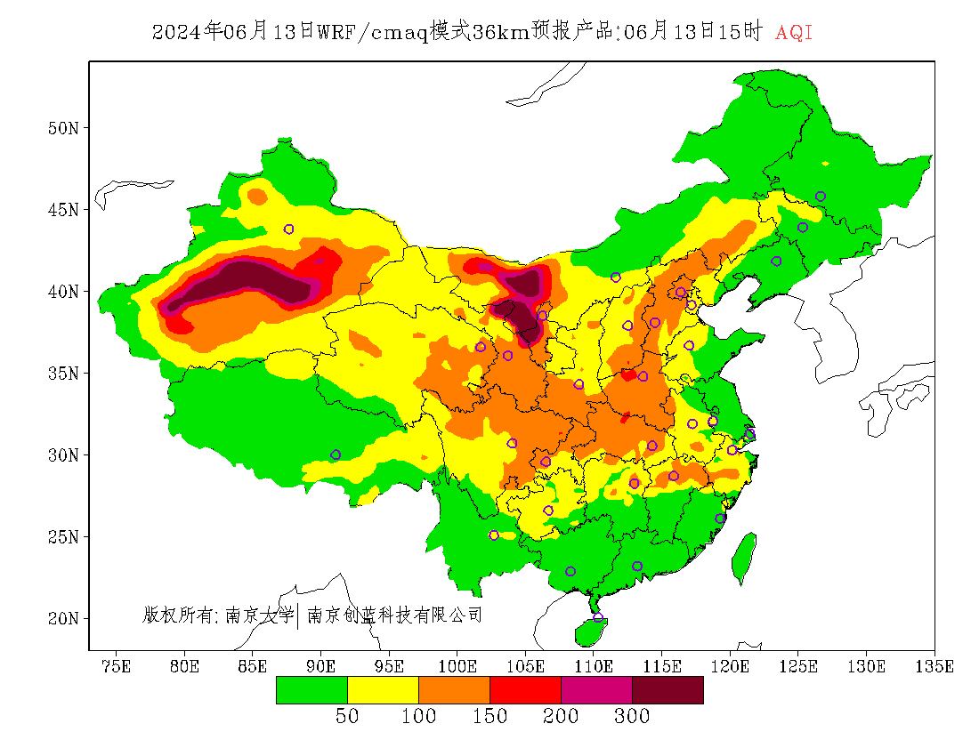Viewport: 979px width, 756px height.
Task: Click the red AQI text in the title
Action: coord(794,32)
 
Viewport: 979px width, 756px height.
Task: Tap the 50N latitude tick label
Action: coord(64,128)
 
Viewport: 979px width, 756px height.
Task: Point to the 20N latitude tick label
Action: coord(64,618)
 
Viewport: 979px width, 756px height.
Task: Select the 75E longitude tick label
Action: coord(116,666)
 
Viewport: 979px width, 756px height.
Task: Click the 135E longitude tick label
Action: coord(934,666)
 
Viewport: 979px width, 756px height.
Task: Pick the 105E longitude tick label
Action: coord(525,666)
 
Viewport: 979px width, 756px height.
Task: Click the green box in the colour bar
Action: coord(311,690)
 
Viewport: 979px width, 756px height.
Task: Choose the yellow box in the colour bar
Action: coord(383,690)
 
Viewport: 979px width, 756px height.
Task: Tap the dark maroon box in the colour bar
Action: coord(668,690)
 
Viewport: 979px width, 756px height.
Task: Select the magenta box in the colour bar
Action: coord(597,690)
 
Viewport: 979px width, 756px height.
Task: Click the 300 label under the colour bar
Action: coord(632,716)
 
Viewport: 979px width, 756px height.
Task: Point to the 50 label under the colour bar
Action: coord(347,716)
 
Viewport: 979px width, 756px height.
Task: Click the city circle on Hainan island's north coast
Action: coord(597,617)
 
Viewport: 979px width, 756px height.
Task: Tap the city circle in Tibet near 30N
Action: coord(336,454)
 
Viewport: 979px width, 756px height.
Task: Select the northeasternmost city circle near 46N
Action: coord(821,197)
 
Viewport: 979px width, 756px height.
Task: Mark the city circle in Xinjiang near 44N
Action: coord(288,229)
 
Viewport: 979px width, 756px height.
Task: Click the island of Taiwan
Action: coord(743,557)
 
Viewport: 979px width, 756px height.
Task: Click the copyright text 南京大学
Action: coord(260,615)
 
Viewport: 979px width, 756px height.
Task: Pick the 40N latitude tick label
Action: coord(64,292)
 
